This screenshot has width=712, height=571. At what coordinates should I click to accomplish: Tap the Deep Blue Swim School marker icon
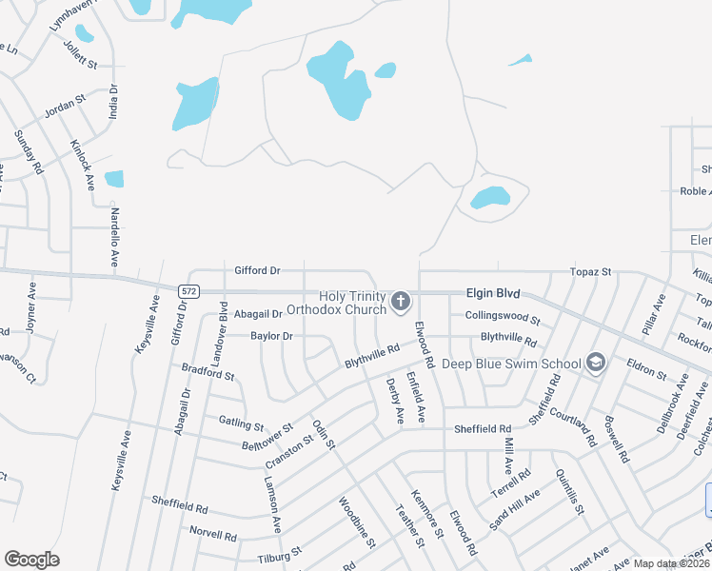[595, 363]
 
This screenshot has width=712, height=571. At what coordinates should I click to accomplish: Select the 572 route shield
[188, 289]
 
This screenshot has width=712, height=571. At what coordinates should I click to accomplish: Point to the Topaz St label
[589, 272]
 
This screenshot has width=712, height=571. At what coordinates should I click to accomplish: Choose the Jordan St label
[66, 107]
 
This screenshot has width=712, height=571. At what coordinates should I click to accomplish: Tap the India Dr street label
[113, 101]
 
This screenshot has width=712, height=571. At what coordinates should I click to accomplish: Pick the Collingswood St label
[503, 318]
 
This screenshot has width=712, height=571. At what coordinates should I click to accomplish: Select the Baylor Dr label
[271, 336]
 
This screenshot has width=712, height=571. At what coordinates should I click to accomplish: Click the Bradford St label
[208, 371]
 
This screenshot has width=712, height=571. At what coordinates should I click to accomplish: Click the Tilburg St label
[279, 551]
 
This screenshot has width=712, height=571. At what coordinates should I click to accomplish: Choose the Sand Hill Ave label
[513, 509]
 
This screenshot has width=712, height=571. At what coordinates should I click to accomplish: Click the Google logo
[31, 559]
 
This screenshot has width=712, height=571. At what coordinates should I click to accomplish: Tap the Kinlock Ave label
[82, 164]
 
